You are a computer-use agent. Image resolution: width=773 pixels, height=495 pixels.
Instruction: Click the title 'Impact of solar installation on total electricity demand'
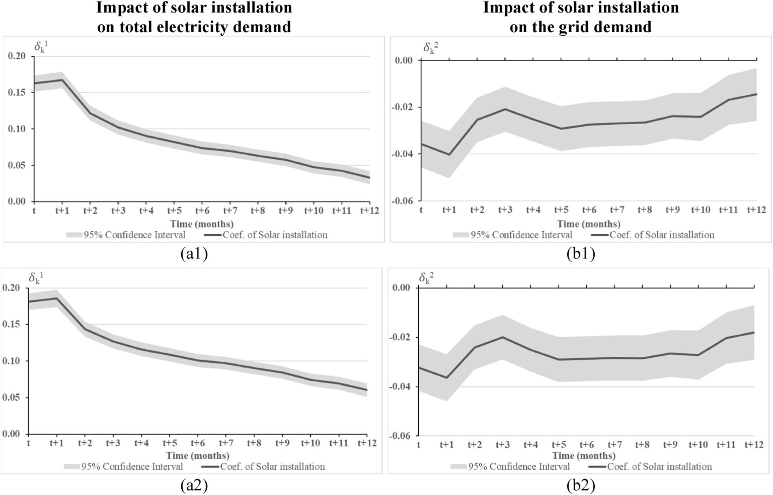click(194, 17)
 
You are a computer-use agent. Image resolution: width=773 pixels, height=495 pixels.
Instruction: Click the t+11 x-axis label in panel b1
click(728, 211)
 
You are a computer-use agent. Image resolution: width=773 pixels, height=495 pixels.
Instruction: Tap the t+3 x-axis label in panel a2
click(113, 443)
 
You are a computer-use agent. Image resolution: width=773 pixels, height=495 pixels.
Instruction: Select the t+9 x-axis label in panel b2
click(670, 445)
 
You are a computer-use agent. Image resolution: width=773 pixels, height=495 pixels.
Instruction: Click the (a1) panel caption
click(194, 254)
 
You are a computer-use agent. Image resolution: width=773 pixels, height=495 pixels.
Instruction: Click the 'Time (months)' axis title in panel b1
click(588, 224)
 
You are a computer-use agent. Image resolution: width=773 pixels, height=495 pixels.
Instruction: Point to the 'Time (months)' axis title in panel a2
click(198, 455)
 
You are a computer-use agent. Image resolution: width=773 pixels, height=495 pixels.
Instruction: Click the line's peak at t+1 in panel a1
click(61, 80)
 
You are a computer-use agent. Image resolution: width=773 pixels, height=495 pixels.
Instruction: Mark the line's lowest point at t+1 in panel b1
click(449, 154)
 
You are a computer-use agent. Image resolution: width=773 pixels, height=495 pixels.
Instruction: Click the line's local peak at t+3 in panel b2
click(502, 337)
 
